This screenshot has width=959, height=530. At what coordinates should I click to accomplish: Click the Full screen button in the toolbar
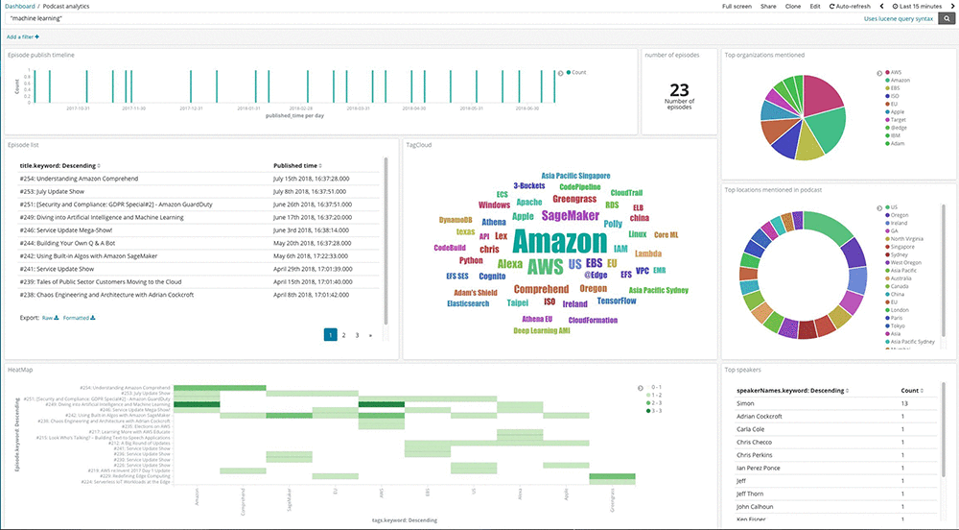(737, 7)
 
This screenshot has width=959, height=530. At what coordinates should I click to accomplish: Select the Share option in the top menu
(768, 7)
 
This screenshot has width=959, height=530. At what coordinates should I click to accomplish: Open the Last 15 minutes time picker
(916, 7)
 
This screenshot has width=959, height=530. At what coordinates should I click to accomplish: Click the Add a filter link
(23, 36)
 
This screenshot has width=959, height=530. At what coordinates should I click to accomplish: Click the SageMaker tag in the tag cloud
(571, 215)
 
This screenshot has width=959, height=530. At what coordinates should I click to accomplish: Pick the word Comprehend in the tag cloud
(541, 289)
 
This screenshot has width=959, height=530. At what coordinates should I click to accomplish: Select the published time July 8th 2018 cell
(311, 192)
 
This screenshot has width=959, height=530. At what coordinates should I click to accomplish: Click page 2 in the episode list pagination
(343, 335)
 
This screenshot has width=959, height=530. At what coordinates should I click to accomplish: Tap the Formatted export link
(80, 317)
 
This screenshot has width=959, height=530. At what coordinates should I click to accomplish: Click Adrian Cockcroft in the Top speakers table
(759, 416)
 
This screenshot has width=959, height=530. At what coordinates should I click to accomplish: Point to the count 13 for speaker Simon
(904, 403)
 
